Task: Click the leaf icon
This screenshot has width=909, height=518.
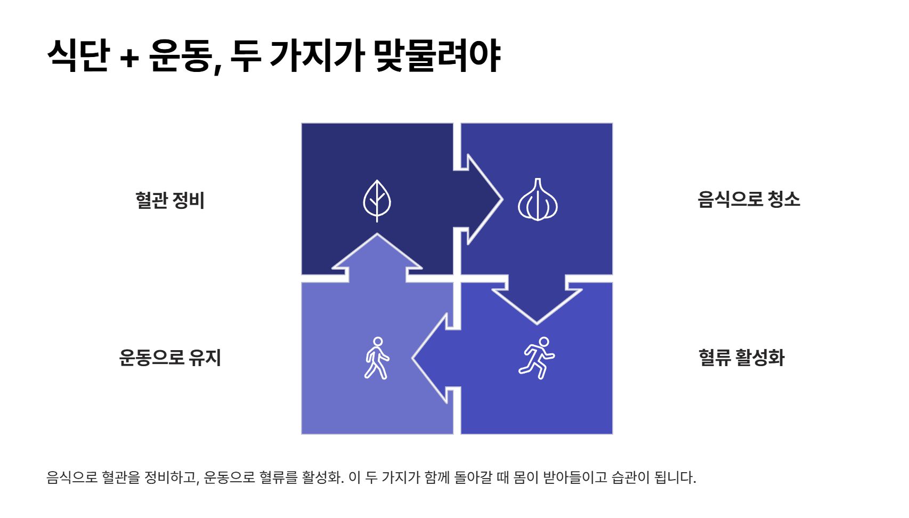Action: click(377, 200)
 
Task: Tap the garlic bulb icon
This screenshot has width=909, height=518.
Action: click(538, 200)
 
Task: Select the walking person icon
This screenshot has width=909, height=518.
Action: click(377, 358)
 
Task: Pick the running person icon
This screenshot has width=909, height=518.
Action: click(537, 358)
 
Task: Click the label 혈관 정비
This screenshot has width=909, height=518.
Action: click(170, 200)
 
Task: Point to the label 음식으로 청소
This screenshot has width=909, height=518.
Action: click(749, 199)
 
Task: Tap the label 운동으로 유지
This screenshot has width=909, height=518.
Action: click(170, 357)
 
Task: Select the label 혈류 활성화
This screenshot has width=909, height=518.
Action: click(741, 357)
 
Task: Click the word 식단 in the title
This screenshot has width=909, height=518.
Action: click(78, 55)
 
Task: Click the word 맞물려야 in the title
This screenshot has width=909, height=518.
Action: click(437, 55)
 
